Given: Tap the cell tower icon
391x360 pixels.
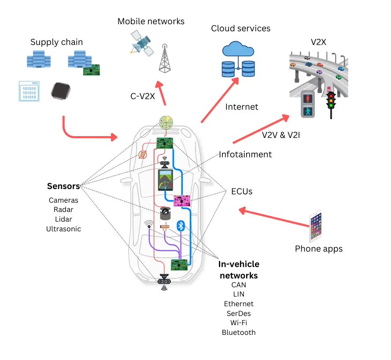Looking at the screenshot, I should pos(165,58).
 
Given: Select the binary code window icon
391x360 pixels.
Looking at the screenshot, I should pos(29,91).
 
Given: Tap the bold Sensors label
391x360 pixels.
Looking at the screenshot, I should pos(63,186).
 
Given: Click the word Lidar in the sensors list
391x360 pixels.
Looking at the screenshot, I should pos(63,219).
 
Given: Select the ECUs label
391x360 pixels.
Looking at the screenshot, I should pos(241,192).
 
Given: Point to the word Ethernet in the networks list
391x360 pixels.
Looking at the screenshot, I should pos(239,304).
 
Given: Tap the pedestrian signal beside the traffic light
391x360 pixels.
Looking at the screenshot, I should pos(308,104).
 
